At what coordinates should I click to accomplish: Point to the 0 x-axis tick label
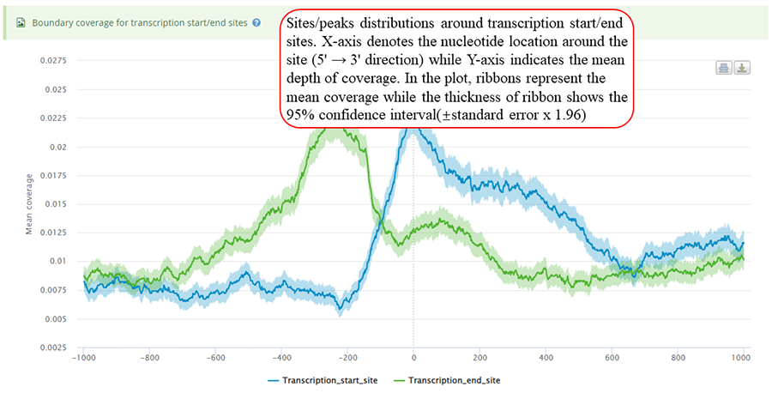pos(413,357)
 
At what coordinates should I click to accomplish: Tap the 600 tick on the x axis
pos(611,357)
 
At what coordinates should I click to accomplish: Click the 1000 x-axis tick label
pos(742,357)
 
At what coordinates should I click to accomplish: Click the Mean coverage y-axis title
pos(28,204)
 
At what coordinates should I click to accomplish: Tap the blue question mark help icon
pos(256,21)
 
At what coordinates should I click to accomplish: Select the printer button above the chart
pos(724,68)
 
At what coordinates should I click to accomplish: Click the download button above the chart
pos(742,68)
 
